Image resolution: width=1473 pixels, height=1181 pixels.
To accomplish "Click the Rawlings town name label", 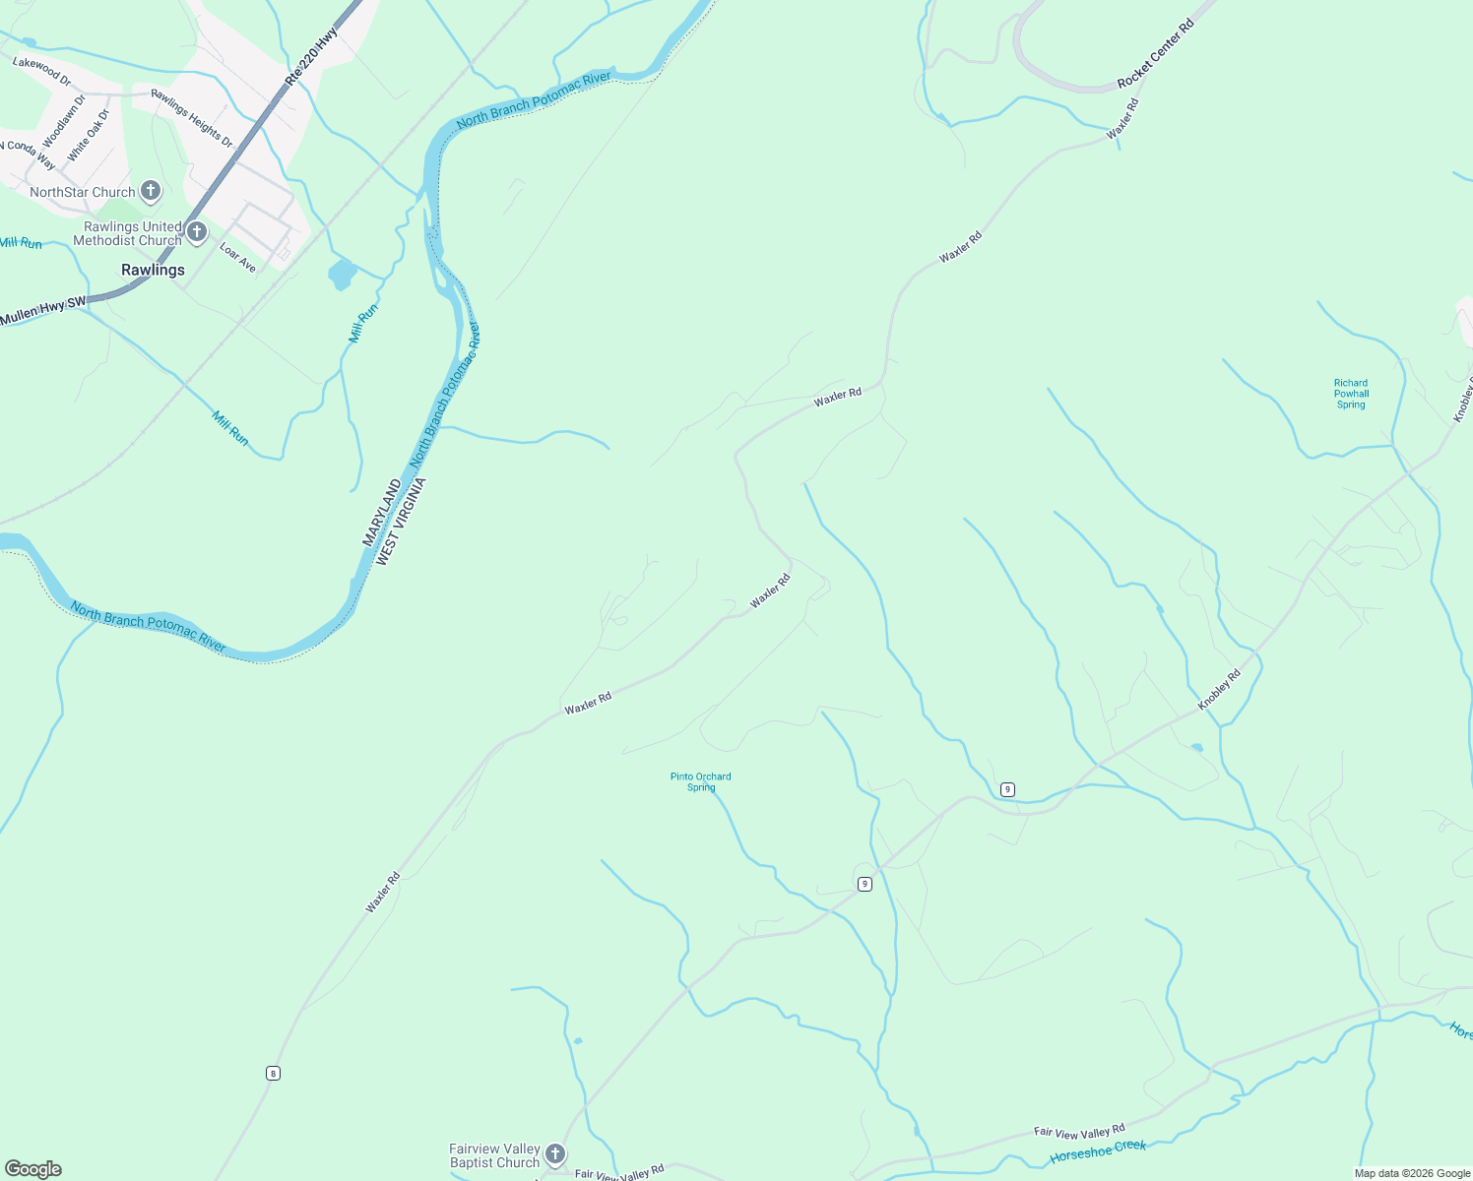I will (x=153, y=270).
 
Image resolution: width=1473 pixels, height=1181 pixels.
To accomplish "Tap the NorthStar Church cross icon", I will (x=151, y=190).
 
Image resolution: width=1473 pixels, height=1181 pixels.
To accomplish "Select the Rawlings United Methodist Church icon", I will (x=197, y=232).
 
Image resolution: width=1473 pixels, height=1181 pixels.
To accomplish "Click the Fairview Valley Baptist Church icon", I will (x=555, y=1153).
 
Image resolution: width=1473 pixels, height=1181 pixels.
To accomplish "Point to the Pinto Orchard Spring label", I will (x=701, y=781).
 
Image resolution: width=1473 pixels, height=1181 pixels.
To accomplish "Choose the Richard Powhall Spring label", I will (x=1351, y=394).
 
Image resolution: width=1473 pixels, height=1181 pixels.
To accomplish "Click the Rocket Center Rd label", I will (x=1155, y=53).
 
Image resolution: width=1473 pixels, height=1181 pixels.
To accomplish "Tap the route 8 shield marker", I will (x=273, y=1073).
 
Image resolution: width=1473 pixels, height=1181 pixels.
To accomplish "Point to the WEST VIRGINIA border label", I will (x=401, y=521).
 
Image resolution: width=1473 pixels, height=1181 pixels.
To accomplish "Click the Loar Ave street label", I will (x=237, y=258).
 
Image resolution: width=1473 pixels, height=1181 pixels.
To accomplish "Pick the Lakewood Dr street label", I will (x=42, y=71).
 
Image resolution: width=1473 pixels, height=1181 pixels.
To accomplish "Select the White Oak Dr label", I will (x=89, y=136).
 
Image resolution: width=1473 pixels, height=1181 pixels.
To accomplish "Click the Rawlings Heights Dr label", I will (x=192, y=119).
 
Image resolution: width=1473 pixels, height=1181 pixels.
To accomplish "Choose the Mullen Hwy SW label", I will (x=43, y=312).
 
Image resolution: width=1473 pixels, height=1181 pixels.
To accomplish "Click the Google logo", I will (x=33, y=1168).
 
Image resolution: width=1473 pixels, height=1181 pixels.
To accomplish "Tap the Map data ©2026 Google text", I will (x=1412, y=1173).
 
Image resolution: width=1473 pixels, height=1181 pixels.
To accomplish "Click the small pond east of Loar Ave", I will (x=342, y=274).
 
